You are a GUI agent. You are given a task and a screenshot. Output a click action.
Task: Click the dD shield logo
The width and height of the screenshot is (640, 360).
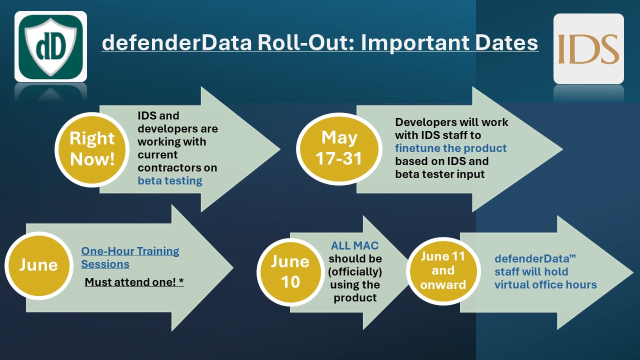coord(50,46)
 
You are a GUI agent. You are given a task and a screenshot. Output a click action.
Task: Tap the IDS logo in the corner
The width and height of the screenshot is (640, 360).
coord(588,48)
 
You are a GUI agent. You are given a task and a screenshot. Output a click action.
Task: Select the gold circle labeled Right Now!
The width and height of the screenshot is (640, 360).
coord(92,149)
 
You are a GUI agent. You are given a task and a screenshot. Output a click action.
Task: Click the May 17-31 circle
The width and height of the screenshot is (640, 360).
coord(339,149)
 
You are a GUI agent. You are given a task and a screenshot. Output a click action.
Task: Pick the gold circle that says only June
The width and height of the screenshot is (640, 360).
coord(39,265)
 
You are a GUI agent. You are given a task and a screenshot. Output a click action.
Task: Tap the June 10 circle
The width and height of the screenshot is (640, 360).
coord(290,271)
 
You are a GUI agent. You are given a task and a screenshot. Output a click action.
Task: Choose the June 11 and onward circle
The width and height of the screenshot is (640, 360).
coord(443,271)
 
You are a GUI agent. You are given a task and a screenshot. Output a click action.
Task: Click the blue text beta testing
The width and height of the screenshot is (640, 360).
coord(170,181)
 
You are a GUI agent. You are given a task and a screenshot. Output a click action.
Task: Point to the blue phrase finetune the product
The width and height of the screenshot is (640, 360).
coord(451,148)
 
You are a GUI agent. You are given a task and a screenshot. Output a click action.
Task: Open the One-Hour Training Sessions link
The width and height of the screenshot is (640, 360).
coord(130,257)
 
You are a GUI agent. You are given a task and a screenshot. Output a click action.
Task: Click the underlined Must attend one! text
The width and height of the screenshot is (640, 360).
coord(134,282)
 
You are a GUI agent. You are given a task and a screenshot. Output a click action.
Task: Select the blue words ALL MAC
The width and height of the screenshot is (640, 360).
coord(355,245)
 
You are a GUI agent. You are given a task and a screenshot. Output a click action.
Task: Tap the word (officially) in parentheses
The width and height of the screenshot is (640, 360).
coord(355,271)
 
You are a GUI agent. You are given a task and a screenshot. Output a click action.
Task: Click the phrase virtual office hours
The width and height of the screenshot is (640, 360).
coord(545,285)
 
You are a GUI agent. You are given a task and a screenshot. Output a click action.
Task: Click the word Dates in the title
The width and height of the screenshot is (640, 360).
coord(506,43)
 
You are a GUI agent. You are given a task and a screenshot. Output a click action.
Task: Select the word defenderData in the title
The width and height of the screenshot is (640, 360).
coord(177,43)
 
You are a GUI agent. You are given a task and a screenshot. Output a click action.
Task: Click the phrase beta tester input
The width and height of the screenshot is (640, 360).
coord(440,174)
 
